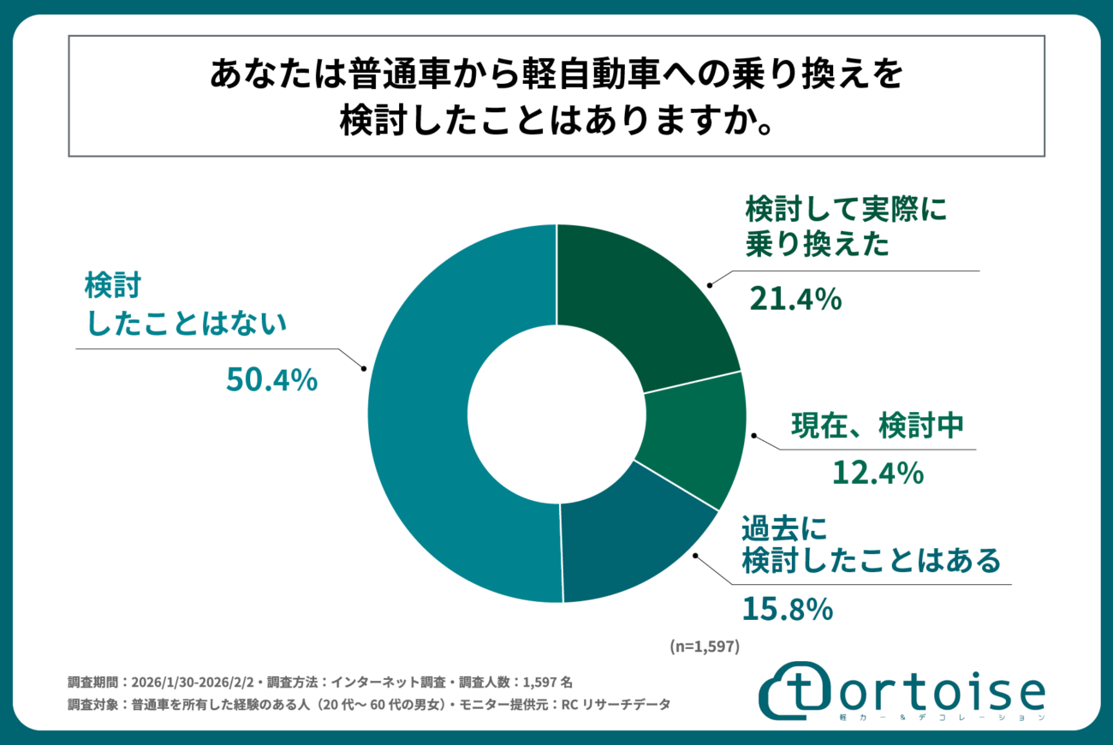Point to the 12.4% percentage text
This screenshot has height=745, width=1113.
pyautogui.click(x=878, y=472)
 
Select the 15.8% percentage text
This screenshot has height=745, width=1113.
pyautogui.click(x=787, y=610)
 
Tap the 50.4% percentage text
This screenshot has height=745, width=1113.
pyautogui.click(x=271, y=379)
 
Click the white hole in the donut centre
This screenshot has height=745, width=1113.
pyautogui.click(x=556, y=413)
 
